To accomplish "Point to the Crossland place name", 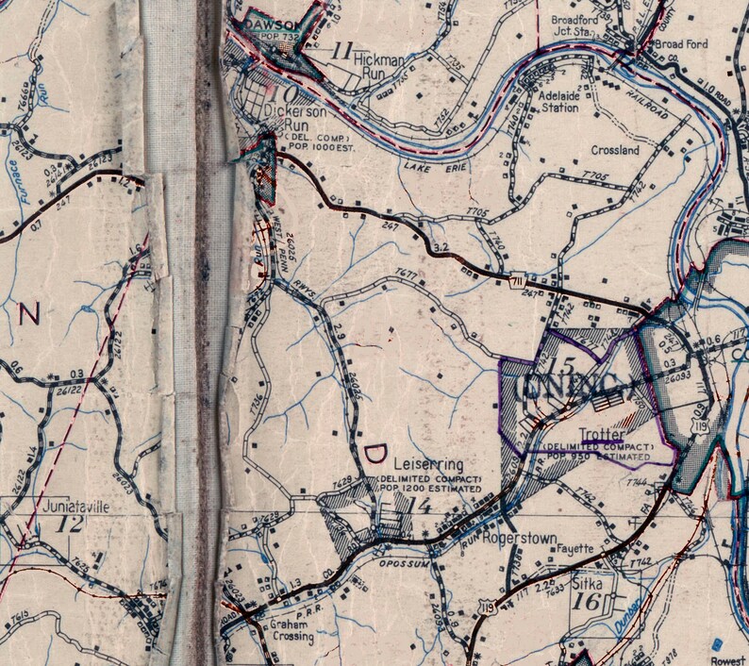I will click(615, 150).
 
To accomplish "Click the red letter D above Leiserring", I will click(374, 456).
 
